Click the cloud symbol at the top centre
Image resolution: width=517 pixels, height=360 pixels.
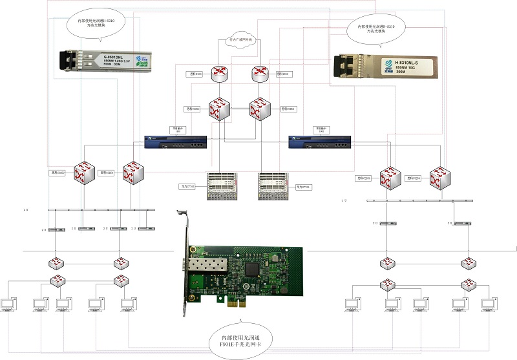(240, 40)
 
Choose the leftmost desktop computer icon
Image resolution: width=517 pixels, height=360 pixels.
(12, 304)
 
